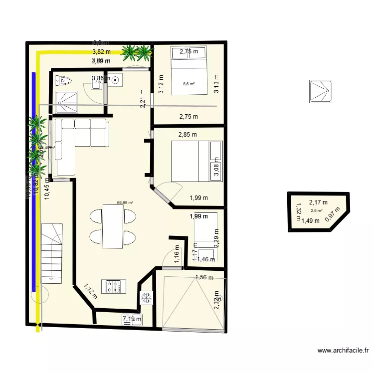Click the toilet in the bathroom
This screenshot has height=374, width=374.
(64, 80)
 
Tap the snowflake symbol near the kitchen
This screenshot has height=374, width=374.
(147, 298)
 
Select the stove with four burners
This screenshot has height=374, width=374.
(114, 286)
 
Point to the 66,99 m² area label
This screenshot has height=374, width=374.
(125, 203)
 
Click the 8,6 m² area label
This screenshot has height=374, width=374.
(188, 84)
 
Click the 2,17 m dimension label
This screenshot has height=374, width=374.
(318, 202)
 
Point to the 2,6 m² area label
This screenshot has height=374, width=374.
(317, 210)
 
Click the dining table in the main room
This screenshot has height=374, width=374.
(112, 226)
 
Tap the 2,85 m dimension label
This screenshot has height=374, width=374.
(187, 135)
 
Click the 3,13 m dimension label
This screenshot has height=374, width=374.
(216, 84)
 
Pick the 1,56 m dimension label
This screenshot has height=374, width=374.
(204, 277)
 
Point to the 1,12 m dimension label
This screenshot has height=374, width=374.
(90, 291)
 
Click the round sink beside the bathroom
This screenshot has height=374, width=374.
(116, 79)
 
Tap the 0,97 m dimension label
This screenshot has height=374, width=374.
(330, 213)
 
